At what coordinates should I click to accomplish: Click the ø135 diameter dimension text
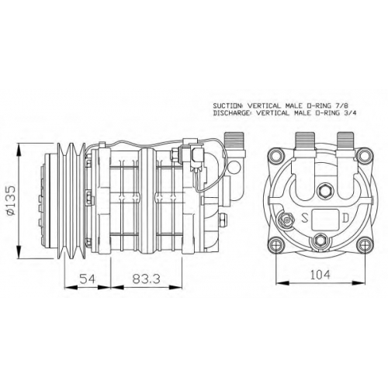click(x=12, y=200)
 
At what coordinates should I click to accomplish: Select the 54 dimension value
click(x=88, y=279)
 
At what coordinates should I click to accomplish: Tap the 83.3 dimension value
click(x=147, y=279)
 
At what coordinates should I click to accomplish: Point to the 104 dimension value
click(x=320, y=275)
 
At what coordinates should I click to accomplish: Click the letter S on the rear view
click(x=305, y=219)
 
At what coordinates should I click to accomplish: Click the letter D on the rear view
click(x=346, y=218)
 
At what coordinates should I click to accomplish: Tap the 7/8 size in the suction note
click(x=342, y=106)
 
